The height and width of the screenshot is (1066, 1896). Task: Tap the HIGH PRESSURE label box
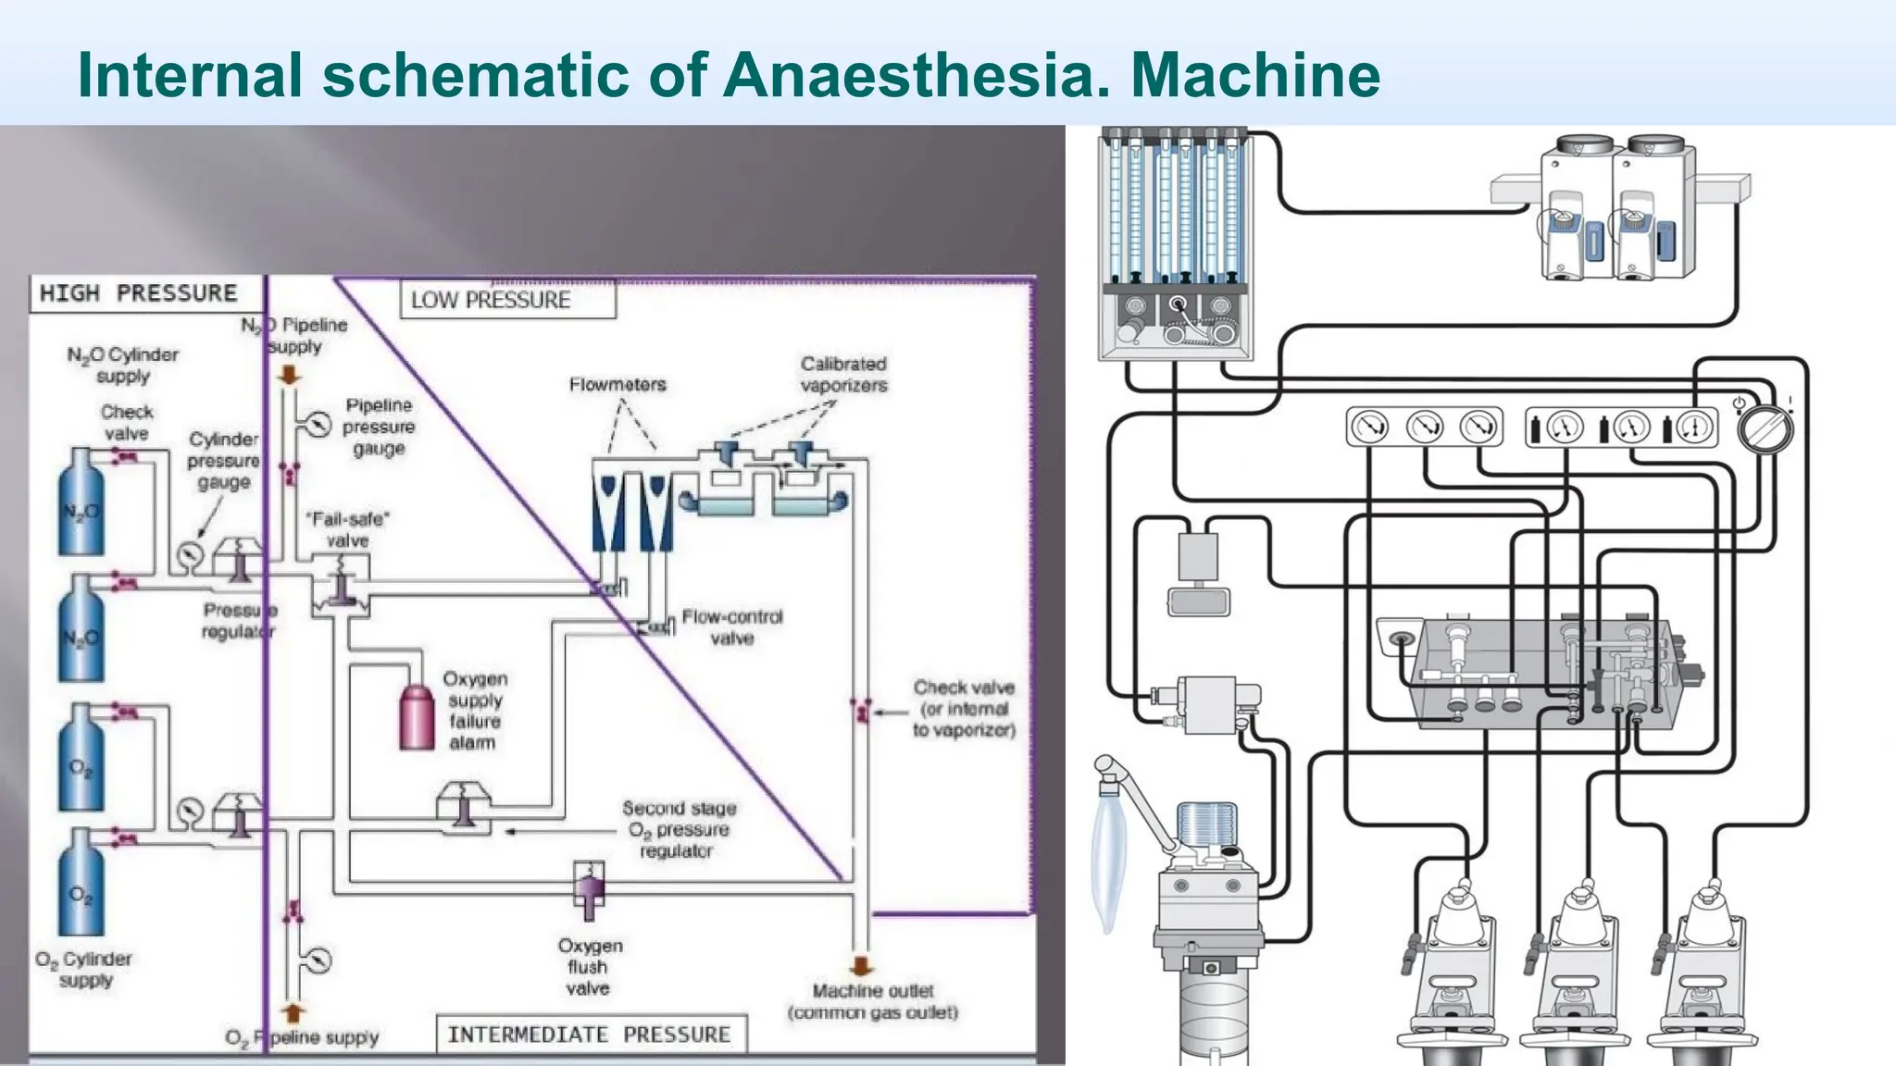pos(139,293)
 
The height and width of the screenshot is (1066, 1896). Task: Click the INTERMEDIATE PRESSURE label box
pos(590,1034)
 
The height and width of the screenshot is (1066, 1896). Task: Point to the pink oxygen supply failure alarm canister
pos(417,717)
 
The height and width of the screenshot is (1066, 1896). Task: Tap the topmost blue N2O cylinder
pos(81,504)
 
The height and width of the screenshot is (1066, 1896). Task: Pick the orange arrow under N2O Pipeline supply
pos(290,374)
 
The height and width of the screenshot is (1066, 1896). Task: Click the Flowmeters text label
pos(617,384)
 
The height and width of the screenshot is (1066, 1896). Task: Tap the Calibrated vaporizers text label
pos(843,374)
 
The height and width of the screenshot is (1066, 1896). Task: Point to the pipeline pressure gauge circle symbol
pos(318,424)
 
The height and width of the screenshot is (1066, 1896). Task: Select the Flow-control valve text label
pos(732,626)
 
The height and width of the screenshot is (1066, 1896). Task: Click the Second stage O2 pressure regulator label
pos(679,829)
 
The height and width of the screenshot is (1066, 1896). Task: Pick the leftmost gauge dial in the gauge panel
pos(1370,428)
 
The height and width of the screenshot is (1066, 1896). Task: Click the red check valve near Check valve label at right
pos(861,711)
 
